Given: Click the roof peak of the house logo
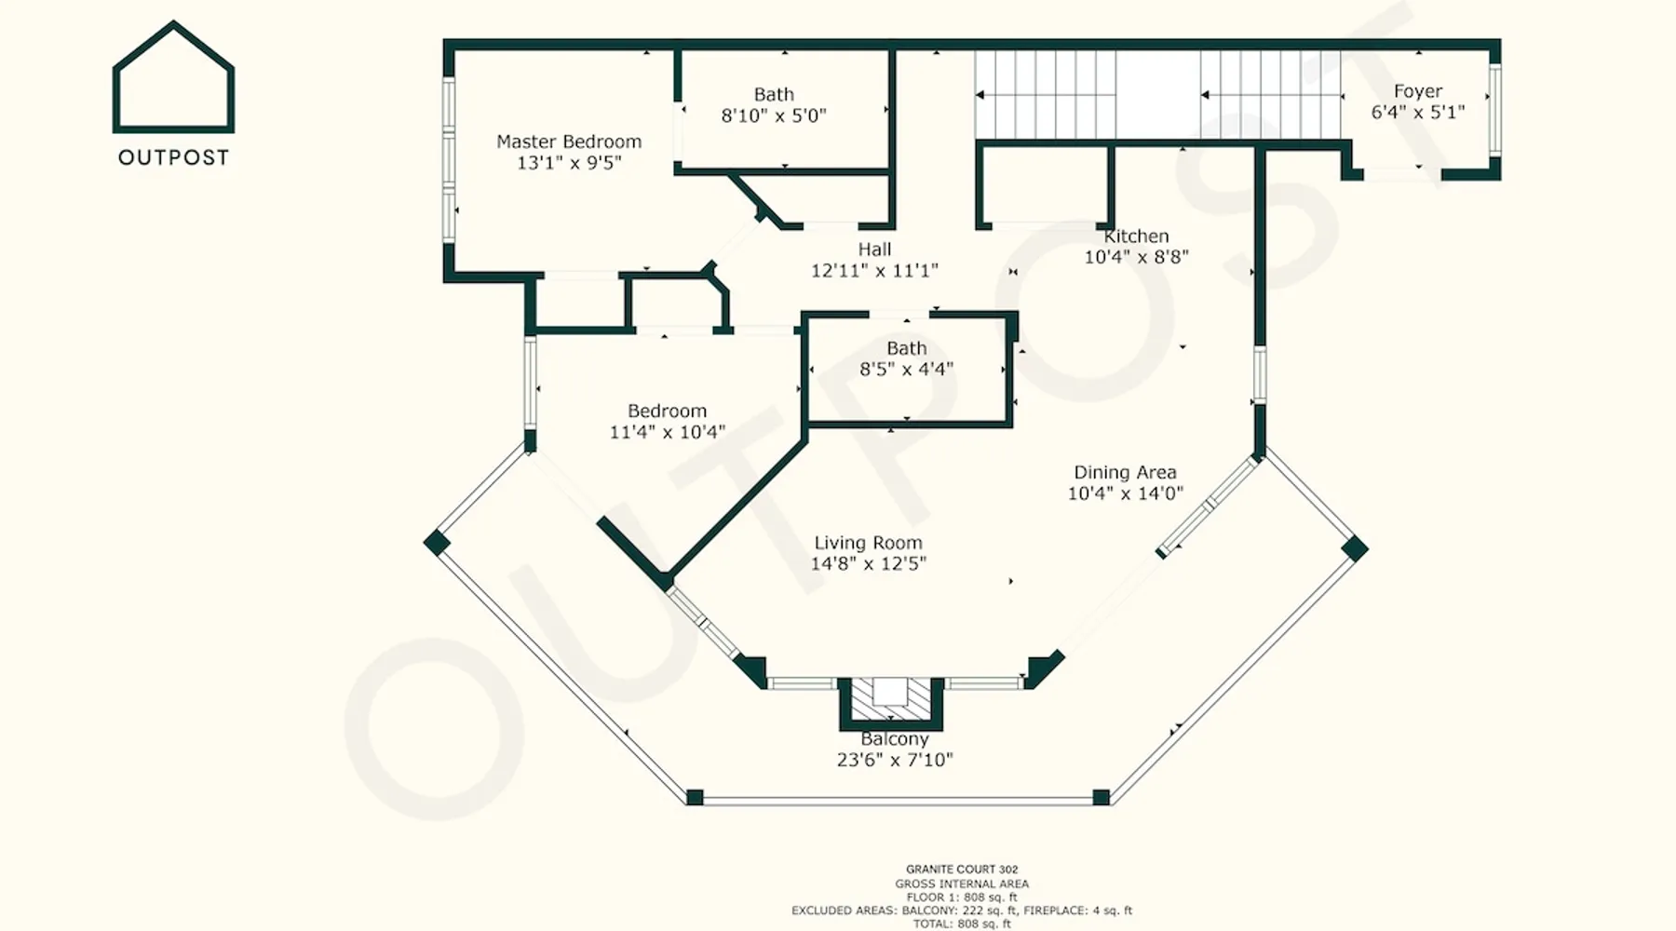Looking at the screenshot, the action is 173,23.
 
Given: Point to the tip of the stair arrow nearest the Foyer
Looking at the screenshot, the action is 1201,95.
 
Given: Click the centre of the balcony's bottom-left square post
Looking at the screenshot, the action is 695,797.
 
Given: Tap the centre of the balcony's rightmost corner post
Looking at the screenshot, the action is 1355,548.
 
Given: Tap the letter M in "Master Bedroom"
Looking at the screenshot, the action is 504,142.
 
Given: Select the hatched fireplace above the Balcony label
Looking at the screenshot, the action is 891,699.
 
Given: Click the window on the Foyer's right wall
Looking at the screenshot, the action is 1495,110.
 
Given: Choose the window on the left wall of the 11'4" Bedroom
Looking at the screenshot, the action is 531,383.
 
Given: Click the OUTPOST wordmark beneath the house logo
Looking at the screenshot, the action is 174,157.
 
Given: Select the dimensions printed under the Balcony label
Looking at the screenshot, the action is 895,760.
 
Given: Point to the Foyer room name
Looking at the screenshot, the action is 1418,91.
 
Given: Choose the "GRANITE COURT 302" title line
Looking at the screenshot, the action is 962,870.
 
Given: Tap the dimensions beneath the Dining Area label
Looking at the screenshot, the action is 1125,493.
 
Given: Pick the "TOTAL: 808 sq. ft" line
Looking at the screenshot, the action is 962,924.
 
